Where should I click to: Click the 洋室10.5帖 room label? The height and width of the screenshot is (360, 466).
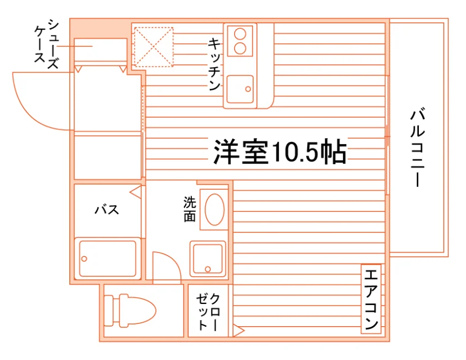[x=280, y=151]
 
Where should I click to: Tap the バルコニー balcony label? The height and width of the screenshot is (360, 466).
[x=418, y=148]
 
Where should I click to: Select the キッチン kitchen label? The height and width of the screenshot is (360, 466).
[x=214, y=64]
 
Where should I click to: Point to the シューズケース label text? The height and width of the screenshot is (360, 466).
[x=47, y=44]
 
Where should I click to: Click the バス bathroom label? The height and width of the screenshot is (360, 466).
[x=107, y=210]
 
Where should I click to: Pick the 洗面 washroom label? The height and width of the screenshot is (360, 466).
[x=190, y=209]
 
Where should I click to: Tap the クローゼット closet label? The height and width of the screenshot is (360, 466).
[x=208, y=312]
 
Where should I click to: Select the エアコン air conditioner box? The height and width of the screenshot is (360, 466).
[x=371, y=299]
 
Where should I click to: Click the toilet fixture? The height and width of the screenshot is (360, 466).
[x=130, y=311]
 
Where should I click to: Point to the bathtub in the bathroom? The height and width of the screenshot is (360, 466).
[x=108, y=258]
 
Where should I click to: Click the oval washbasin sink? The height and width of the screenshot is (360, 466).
[x=215, y=210]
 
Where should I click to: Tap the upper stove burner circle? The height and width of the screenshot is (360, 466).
[x=240, y=34]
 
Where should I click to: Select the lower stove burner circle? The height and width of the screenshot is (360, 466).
[x=240, y=48]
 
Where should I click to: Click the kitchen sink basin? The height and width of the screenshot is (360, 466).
[x=240, y=89]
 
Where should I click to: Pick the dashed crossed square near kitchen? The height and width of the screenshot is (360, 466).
[x=153, y=47]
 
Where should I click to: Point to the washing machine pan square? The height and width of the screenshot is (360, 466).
[x=207, y=258]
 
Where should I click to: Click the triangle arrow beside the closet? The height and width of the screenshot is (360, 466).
[x=239, y=331]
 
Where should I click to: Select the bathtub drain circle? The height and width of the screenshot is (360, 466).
[x=84, y=259]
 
